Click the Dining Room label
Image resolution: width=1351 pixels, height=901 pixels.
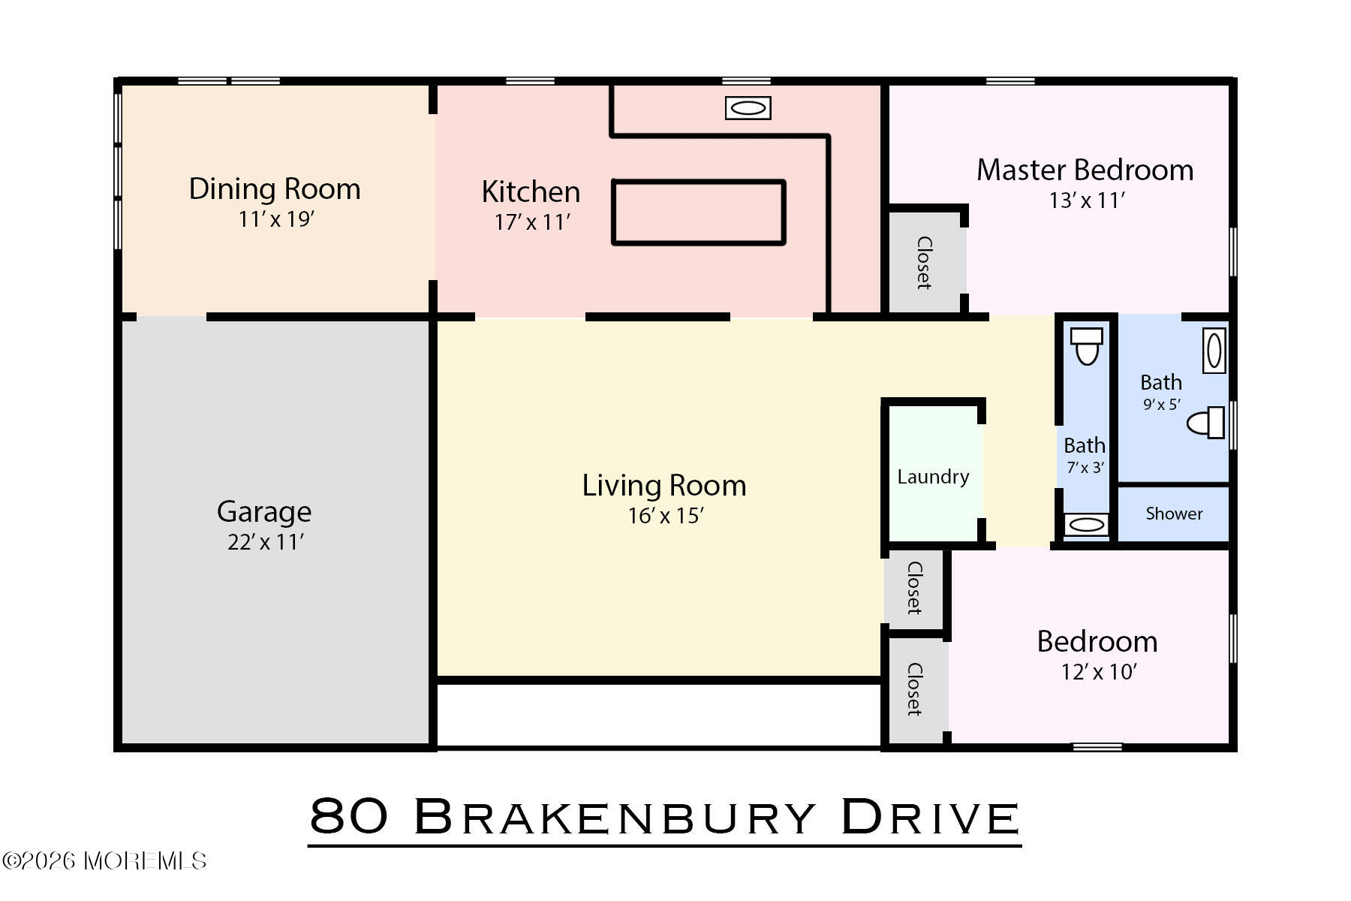pos(275,189)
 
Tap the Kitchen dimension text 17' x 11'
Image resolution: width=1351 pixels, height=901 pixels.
pos(532,222)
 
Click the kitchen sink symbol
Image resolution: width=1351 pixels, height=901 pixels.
pos(748,108)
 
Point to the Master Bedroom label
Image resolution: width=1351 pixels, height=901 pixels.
pos(1085,170)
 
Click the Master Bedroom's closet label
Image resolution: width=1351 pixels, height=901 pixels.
pos(924,263)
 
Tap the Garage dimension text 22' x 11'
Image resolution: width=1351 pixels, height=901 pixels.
pos(265,542)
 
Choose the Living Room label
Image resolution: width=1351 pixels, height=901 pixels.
pos(664,486)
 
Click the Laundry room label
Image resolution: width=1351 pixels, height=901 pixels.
pos(933,477)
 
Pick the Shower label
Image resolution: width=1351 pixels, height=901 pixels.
pos(1174,514)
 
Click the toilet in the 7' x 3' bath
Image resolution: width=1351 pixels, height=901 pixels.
pos(1086,346)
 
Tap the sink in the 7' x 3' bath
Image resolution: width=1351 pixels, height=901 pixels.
pos(1085,525)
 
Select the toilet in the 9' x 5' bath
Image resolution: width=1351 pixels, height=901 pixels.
pos(1205,423)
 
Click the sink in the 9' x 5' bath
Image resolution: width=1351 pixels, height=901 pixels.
pos(1214,351)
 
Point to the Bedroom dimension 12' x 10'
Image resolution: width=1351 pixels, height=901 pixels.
pos(1098,672)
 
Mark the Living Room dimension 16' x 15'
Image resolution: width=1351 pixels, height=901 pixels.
pos(665,517)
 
